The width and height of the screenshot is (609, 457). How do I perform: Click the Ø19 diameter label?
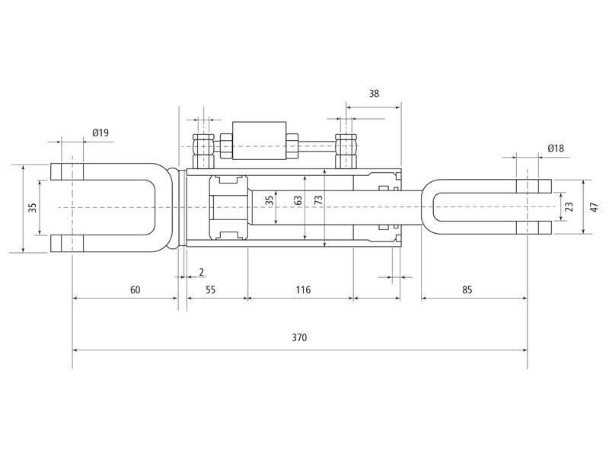100,133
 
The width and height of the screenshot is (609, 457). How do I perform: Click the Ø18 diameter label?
555,148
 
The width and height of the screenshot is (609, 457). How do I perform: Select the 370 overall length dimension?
299,337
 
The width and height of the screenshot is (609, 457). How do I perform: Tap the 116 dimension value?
301,289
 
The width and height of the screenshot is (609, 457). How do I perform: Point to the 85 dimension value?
467,289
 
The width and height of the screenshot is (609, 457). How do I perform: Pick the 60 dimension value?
135,289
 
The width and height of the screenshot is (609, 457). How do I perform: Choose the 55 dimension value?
211,289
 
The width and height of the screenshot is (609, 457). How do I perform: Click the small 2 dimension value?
201,272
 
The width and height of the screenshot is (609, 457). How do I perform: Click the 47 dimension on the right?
595,207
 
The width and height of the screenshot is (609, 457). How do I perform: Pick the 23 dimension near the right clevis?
570,207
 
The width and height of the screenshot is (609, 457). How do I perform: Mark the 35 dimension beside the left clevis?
33,208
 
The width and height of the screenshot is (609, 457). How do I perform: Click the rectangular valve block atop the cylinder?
260,141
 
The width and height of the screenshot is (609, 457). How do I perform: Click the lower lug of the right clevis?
534,227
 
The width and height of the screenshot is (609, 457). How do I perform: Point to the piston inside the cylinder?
228,207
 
